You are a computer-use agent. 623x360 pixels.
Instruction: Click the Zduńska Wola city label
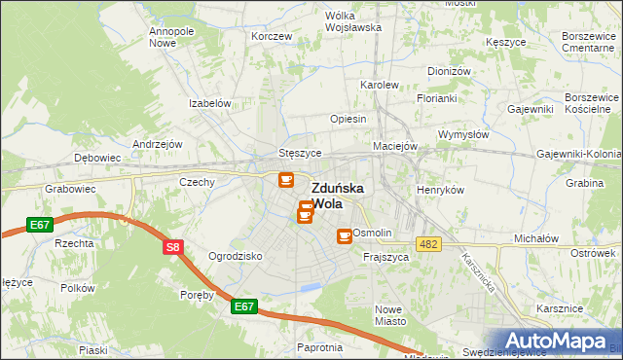(x=338, y=196)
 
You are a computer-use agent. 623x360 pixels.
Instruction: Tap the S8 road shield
(x=172, y=247)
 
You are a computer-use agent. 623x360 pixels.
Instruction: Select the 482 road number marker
(x=426, y=243)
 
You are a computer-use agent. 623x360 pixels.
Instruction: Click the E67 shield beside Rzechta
(x=40, y=225)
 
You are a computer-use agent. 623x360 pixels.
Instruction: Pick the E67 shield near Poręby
(x=244, y=306)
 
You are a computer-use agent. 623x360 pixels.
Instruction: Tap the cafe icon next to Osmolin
(x=344, y=235)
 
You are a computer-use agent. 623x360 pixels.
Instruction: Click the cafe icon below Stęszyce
(x=285, y=179)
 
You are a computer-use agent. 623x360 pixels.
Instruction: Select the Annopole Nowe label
(x=168, y=37)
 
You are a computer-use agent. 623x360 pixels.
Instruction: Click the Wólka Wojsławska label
(x=352, y=21)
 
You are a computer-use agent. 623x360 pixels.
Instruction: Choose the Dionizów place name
(x=449, y=71)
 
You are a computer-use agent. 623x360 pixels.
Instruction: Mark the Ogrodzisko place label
(x=236, y=256)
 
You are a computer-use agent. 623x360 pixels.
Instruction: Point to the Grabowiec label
(x=67, y=191)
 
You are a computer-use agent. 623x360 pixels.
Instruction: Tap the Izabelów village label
(x=209, y=103)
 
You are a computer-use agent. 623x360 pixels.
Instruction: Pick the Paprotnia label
(x=320, y=347)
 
